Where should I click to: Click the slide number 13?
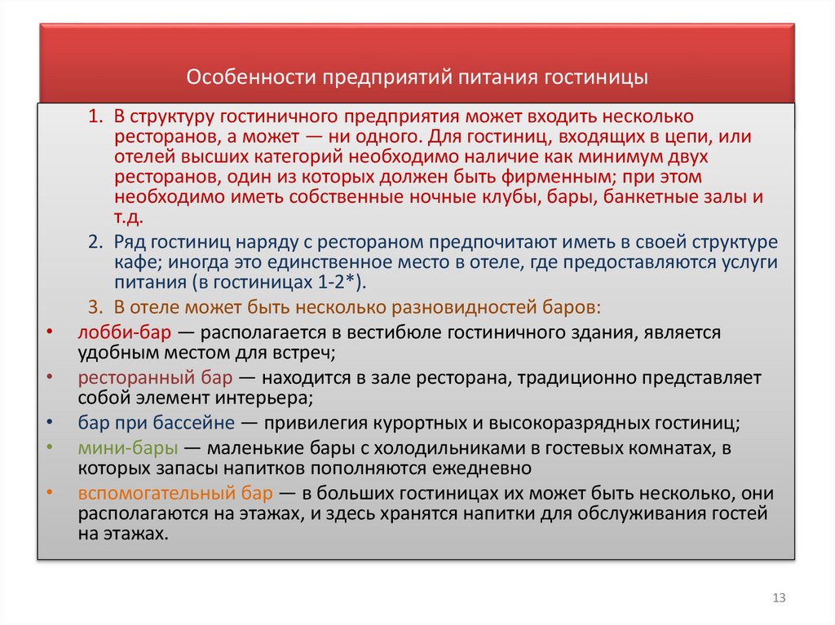(779, 599)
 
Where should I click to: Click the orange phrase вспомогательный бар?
(176, 495)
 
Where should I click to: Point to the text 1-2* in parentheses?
(338, 283)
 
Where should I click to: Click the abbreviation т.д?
(129, 218)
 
